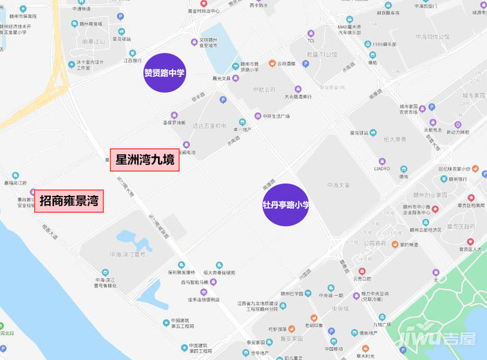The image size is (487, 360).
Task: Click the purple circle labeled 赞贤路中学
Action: coord(165,73)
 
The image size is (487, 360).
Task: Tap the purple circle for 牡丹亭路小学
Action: coord(286,205)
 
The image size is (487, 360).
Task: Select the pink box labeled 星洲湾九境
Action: coord(144,160)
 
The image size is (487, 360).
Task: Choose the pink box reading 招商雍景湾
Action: coord(69,201)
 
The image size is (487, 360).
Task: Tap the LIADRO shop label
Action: coord(382,169)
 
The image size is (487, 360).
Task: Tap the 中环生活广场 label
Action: coord(276,117)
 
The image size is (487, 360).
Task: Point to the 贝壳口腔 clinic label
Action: coord(361,279)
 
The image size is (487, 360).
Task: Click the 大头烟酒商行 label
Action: coord(298,97)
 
